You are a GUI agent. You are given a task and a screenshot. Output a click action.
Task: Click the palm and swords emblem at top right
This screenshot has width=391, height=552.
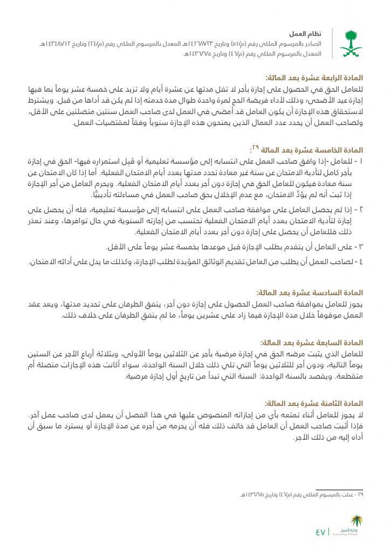pyautogui.click(x=351, y=44)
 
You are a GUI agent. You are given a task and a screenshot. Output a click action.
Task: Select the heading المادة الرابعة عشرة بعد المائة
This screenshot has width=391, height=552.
pyautogui.click(x=313, y=78)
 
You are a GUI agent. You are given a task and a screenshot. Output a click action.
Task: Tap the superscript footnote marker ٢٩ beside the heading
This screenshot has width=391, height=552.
pyautogui.click(x=257, y=147)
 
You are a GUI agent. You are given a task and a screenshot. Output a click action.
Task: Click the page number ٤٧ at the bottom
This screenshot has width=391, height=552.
pyautogui.click(x=321, y=533)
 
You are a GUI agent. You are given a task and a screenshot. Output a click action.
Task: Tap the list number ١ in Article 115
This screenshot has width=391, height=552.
pyautogui.click(x=361, y=162)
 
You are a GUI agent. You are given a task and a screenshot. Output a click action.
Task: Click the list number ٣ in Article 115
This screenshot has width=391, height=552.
pyautogui.click(x=361, y=246)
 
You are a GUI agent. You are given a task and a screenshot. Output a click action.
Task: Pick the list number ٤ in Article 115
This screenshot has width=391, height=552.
pyautogui.click(x=361, y=262)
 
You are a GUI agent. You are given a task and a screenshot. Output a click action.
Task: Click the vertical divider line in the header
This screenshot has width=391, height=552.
pyautogui.click(x=332, y=43)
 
